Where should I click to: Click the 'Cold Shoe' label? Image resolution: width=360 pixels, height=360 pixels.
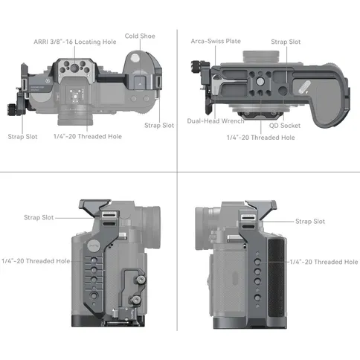pos(140,36)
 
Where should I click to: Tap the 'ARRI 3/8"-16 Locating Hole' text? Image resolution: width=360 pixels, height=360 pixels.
pos(75,42)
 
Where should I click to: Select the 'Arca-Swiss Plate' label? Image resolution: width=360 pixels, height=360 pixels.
pos(216,41)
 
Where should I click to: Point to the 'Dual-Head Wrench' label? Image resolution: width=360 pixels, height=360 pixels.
pos(216,121)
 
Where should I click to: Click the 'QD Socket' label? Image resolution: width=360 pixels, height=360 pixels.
pos(285,126)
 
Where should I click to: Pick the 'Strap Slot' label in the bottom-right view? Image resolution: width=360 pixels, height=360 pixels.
pos(310,222)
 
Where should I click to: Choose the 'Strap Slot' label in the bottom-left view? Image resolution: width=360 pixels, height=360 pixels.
pos(39,217)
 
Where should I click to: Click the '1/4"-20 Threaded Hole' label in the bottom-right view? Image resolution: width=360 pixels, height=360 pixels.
pos(324,262)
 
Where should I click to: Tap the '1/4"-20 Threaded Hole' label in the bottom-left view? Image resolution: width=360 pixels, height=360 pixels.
pos(36,261)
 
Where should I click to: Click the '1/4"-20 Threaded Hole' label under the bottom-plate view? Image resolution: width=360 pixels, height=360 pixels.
pos(261,138)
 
